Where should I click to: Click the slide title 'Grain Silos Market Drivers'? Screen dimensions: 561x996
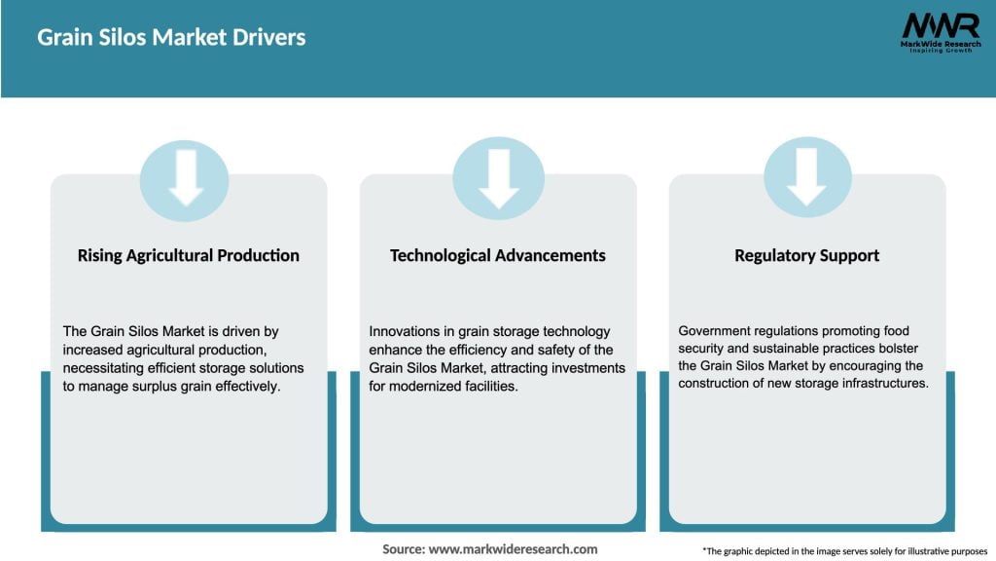pyautogui.click(x=171, y=38)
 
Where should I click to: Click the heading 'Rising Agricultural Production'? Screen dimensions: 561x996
pyautogui.click(x=189, y=255)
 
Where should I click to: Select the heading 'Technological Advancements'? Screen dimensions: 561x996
pyautogui.click(x=498, y=255)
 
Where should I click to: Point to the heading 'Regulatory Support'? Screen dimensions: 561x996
pyautogui.click(x=806, y=255)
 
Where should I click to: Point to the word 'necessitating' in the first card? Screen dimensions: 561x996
pyautogui.click(x=103, y=368)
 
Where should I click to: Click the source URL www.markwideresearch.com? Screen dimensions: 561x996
pyautogui.click(x=514, y=549)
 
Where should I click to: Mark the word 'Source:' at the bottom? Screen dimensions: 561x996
pyautogui.click(x=404, y=549)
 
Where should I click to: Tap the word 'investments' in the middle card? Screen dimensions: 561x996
pyautogui.click(x=585, y=368)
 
